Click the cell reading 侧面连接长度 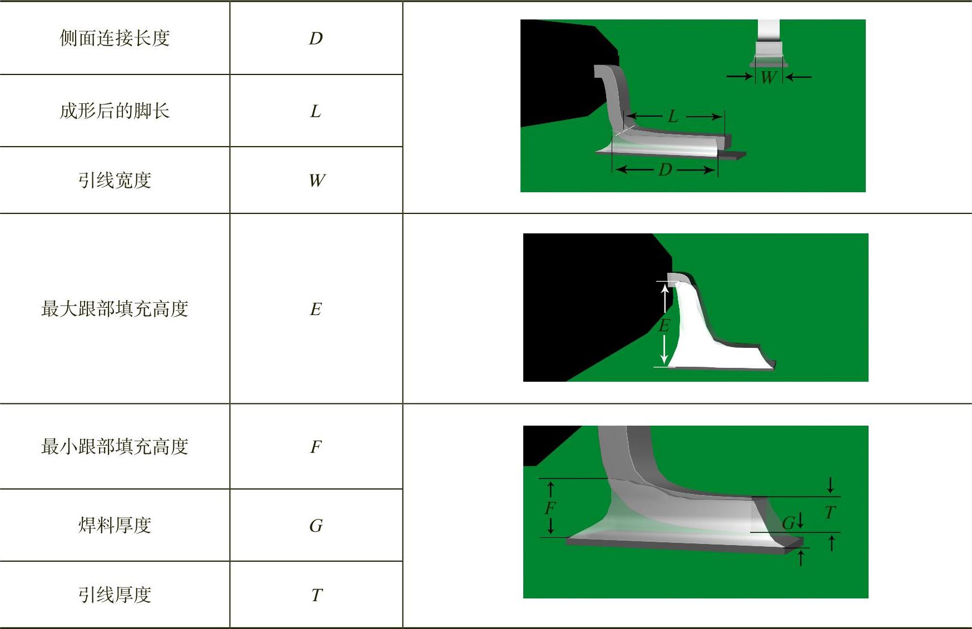pyautogui.click(x=115, y=38)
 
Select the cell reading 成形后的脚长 pyautogui.click(x=115, y=111)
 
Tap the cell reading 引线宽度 pyautogui.click(x=115, y=180)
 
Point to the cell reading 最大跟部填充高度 pyautogui.click(x=115, y=308)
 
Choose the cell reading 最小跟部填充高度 pyautogui.click(x=115, y=446)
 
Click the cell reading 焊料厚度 pyautogui.click(x=115, y=525)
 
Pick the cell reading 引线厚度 pyautogui.click(x=115, y=595)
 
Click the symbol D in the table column pyautogui.click(x=316, y=38)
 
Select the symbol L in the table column pyautogui.click(x=315, y=111)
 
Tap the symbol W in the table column pyautogui.click(x=317, y=180)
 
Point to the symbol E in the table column pyautogui.click(x=316, y=309)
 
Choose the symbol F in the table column pyautogui.click(x=316, y=447)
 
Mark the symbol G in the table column pyautogui.click(x=316, y=526)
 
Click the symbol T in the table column pyautogui.click(x=316, y=595)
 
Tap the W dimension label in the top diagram pyautogui.click(x=768, y=77)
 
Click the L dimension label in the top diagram pyautogui.click(x=673, y=116)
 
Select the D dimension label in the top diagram pyautogui.click(x=665, y=169)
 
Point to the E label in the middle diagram pyautogui.click(x=664, y=325)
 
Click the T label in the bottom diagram pyautogui.click(x=830, y=512)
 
